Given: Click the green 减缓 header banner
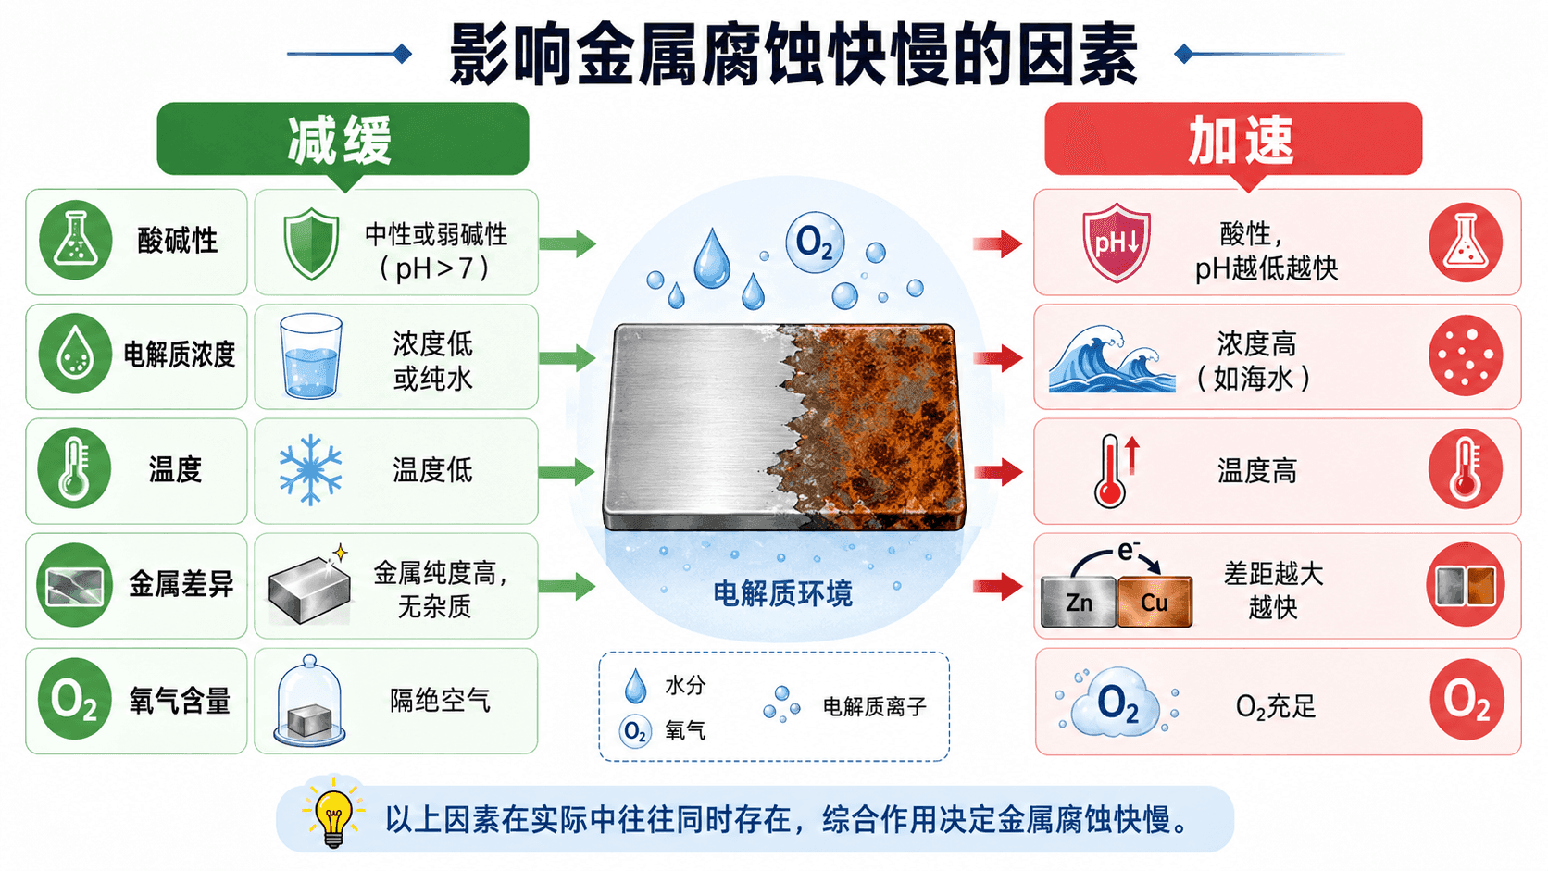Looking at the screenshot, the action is point(343,139).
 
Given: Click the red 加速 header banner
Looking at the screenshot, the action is point(1233,139).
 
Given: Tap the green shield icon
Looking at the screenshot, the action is point(312,243).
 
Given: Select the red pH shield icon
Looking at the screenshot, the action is point(1116,243).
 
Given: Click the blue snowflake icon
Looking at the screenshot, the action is point(310,469).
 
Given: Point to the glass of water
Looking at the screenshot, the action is point(310,355).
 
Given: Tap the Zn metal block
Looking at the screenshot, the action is point(1078,603).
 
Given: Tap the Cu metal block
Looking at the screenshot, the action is point(1155,603).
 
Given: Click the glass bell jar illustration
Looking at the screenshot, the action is point(309,701).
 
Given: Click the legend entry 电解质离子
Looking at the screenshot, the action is point(874,706).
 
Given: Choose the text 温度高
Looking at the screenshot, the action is point(1256,471).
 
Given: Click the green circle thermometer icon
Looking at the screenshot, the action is point(75,469).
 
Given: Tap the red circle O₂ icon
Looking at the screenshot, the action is point(1466,700).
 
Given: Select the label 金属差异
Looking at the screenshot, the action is point(181,585).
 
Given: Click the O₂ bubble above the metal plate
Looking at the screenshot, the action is point(815,243).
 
